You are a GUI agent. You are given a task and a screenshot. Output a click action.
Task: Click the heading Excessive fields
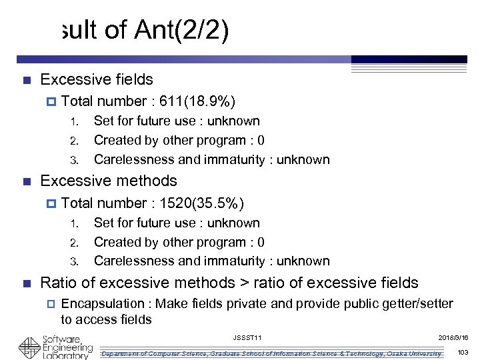(97, 79)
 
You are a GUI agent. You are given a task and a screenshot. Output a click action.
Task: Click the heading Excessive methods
(109, 181)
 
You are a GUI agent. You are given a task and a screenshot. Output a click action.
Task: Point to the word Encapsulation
(106, 304)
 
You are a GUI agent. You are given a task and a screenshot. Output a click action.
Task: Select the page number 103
(463, 352)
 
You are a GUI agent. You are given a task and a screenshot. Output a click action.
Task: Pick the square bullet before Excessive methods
(27, 181)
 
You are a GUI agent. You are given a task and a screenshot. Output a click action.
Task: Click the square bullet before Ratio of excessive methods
(27, 283)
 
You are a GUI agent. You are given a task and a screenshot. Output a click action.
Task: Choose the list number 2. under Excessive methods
(75, 243)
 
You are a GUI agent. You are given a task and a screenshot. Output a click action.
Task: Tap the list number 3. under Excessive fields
(75, 160)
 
